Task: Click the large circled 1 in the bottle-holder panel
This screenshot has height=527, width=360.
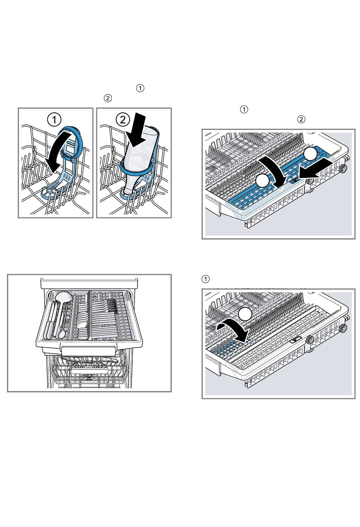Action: [54, 120]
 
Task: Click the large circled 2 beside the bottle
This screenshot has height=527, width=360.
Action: [123, 120]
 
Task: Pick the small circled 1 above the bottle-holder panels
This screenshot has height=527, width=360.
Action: [140, 88]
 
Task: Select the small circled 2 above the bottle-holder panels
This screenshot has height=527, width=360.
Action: [108, 98]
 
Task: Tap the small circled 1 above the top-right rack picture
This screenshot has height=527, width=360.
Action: [244, 109]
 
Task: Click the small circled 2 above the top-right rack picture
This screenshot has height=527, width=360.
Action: [301, 119]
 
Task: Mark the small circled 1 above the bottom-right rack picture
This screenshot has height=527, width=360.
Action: [205, 279]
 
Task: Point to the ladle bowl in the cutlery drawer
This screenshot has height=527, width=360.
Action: [64, 297]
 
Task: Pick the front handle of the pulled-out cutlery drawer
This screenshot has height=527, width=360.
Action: [89, 351]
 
